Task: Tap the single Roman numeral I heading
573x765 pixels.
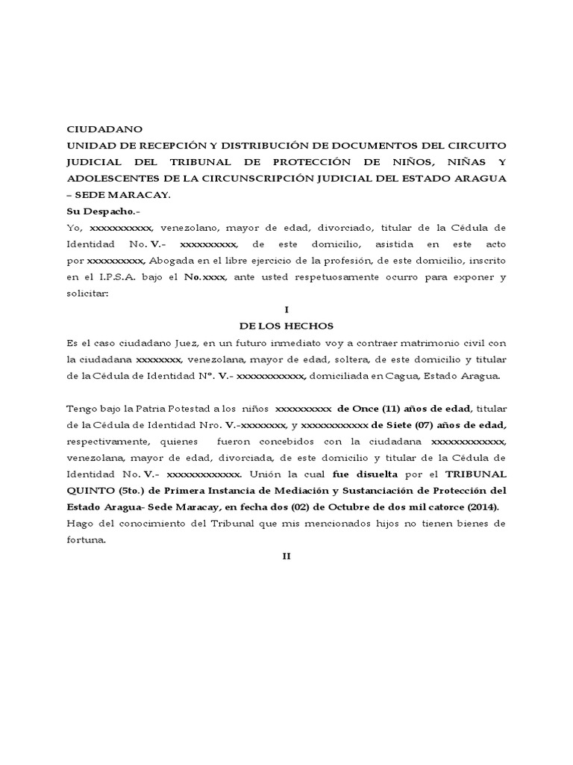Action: point(286,309)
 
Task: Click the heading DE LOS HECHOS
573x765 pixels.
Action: point(286,326)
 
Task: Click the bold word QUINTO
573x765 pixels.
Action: point(95,490)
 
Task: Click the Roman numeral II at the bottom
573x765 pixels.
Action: point(286,556)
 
